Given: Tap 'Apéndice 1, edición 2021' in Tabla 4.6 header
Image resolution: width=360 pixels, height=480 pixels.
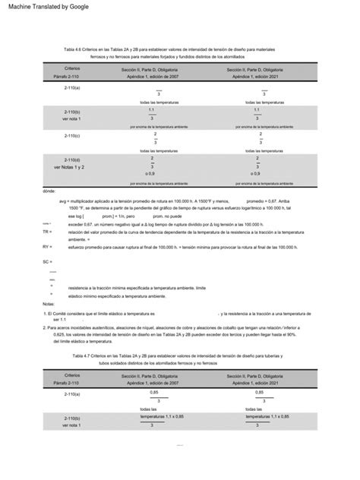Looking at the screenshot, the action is pyautogui.click(x=262, y=77).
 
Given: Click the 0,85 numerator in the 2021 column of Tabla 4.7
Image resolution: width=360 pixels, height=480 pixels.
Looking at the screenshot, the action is pyautogui.click(x=261, y=392).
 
